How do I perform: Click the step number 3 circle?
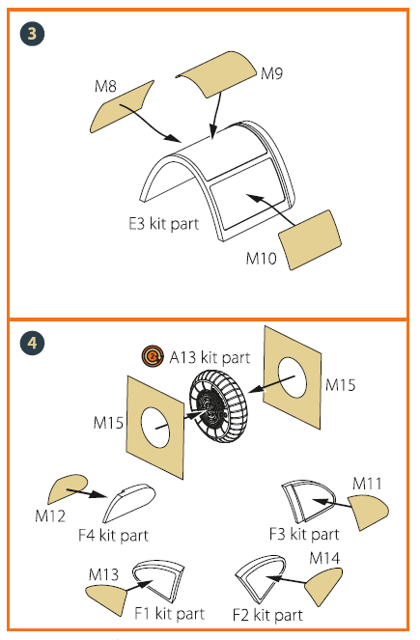click(32, 34)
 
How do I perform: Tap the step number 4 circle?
click(32, 343)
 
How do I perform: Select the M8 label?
click(105, 86)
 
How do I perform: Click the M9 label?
click(272, 73)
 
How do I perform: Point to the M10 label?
click(262, 258)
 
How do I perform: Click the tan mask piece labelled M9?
click(216, 74)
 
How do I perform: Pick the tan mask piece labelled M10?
click(310, 239)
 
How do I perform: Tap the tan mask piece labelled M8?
click(122, 107)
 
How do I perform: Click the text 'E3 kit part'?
click(164, 224)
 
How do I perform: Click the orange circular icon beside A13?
click(153, 356)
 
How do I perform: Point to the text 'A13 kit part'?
click(210, 357)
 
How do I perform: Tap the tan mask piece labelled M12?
click(67, 489)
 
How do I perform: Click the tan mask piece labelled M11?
click(368, 511)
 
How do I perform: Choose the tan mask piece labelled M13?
click(107, 598)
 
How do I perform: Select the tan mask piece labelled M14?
click(323, 586)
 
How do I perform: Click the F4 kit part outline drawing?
click(129, 503)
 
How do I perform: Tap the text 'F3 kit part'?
click(304, 534)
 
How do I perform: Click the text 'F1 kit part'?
click(169, 613)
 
